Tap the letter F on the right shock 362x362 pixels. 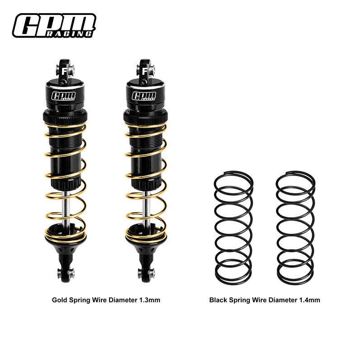pos(143,71)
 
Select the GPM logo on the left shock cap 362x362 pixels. pos(64,96)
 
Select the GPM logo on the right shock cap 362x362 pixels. pos(143,96)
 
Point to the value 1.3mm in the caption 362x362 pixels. pos(149,300)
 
